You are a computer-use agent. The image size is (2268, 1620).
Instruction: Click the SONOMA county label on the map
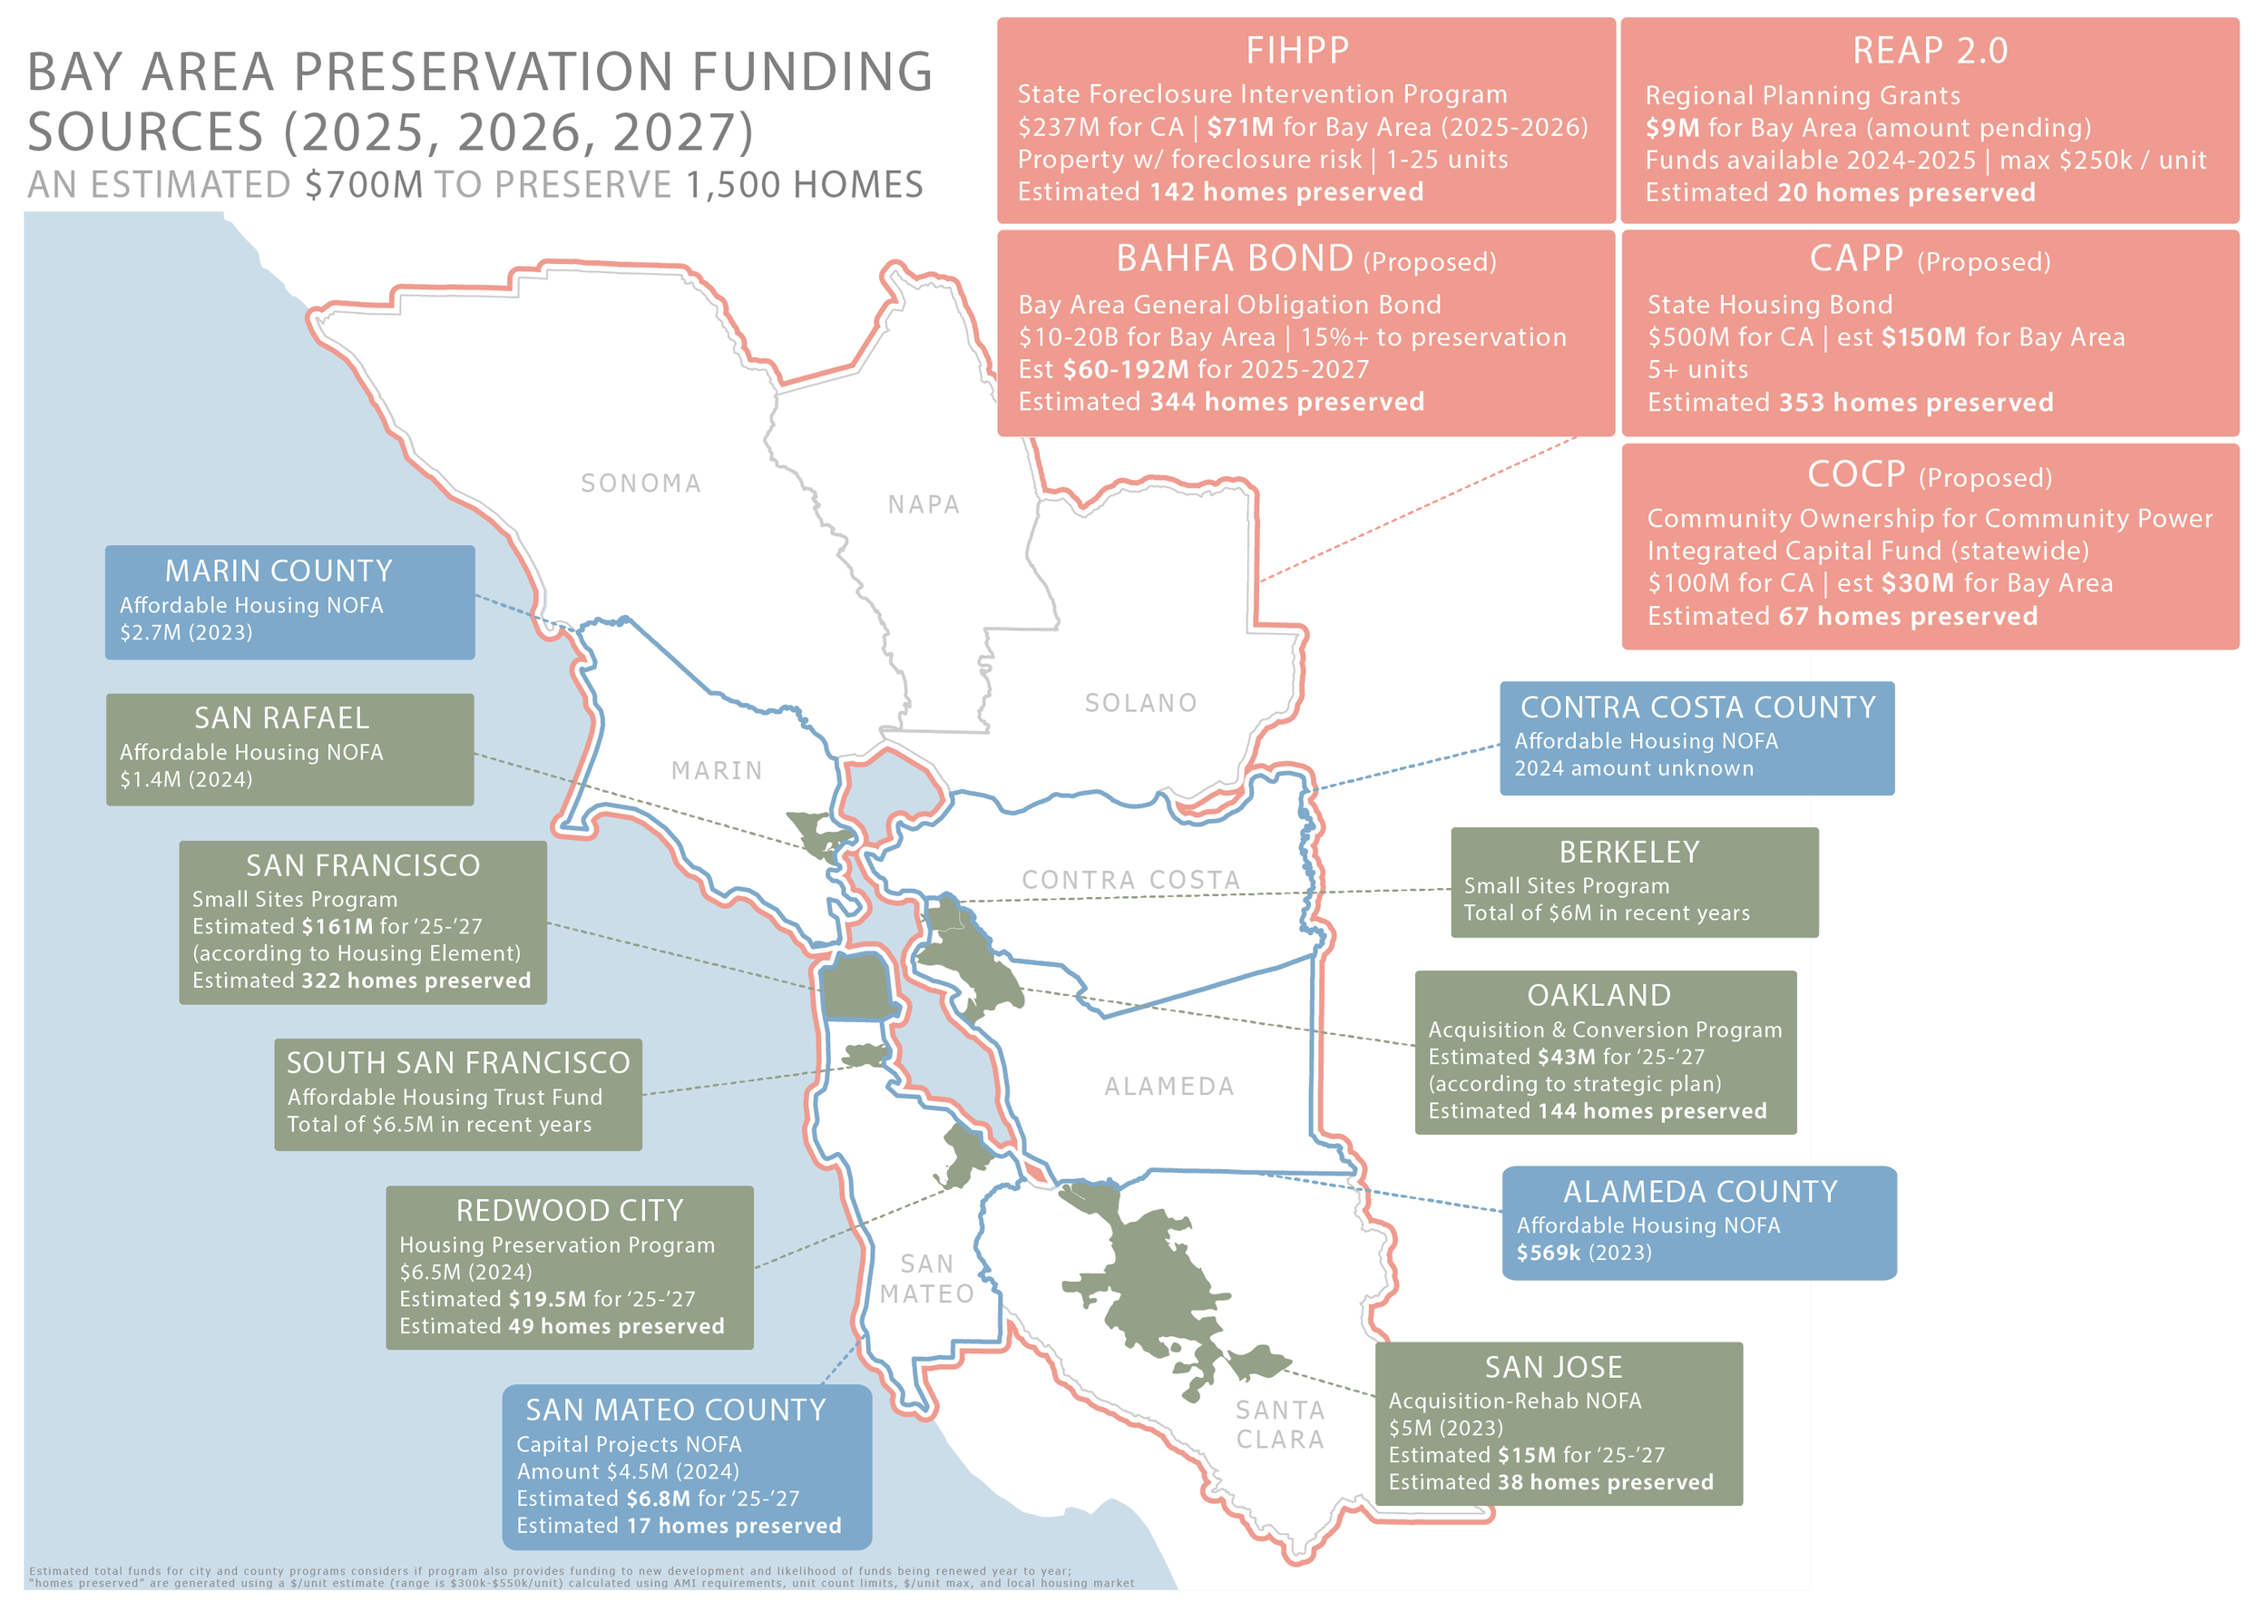(x=640, y=483)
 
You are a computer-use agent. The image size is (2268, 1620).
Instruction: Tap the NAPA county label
(x=924, y=504)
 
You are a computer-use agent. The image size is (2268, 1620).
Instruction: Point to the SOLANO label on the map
(x=1140, y=703)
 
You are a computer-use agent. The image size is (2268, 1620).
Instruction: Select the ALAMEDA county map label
(x=1169, y=1087)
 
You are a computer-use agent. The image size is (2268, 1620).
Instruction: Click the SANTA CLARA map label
(x=1280, y=1424)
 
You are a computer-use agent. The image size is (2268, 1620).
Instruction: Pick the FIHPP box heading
(x=1297, y=50)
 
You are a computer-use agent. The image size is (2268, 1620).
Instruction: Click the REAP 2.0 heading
(x=1930, y=50)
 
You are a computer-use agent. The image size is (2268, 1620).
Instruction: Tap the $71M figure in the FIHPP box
(x=1241, y=128)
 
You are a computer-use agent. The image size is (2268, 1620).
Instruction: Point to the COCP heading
(x=1856, y=474)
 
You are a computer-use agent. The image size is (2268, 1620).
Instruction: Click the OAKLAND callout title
(x=1598, y=996)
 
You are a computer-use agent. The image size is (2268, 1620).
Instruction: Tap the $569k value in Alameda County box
(x=1548, y=1253)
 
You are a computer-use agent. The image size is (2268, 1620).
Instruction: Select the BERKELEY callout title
(x=1628, y=853)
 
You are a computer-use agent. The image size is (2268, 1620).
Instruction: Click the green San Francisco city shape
(x=854, y=986)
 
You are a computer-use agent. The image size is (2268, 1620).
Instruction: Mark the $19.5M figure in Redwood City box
(x=547, y=1299)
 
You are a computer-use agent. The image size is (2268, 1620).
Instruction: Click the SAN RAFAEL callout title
(x=281, y=718)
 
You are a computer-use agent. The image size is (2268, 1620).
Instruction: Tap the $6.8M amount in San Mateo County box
(x=658, y=1498)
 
